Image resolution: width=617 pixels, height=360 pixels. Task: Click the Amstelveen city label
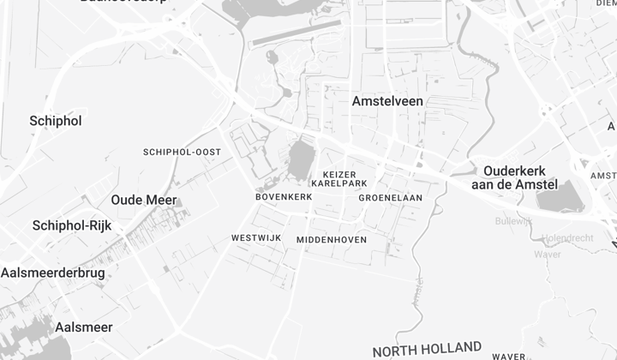387,101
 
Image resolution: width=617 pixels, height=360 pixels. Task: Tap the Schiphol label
56,121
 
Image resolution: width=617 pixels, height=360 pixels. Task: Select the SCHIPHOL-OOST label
182,152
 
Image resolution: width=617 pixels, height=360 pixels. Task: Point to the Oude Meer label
143,200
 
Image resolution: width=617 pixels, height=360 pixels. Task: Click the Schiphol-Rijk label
72,225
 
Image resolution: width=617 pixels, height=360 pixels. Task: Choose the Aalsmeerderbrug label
52,273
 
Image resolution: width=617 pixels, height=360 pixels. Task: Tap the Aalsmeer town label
83,327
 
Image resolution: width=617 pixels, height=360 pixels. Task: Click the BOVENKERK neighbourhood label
284,197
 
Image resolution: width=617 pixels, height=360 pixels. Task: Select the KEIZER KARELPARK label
339,178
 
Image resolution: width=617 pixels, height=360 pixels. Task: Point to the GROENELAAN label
391,197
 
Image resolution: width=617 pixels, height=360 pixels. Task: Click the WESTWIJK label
256,237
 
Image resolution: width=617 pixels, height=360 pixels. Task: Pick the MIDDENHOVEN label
332,240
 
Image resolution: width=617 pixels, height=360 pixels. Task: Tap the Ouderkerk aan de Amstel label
514,177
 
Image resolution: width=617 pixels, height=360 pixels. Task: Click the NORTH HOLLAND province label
427,349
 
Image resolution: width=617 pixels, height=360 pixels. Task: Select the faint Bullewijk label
513,220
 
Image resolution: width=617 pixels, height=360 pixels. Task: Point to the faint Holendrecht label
567,237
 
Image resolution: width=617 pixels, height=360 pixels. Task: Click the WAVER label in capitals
508,356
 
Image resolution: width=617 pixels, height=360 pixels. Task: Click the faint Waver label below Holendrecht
547,254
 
